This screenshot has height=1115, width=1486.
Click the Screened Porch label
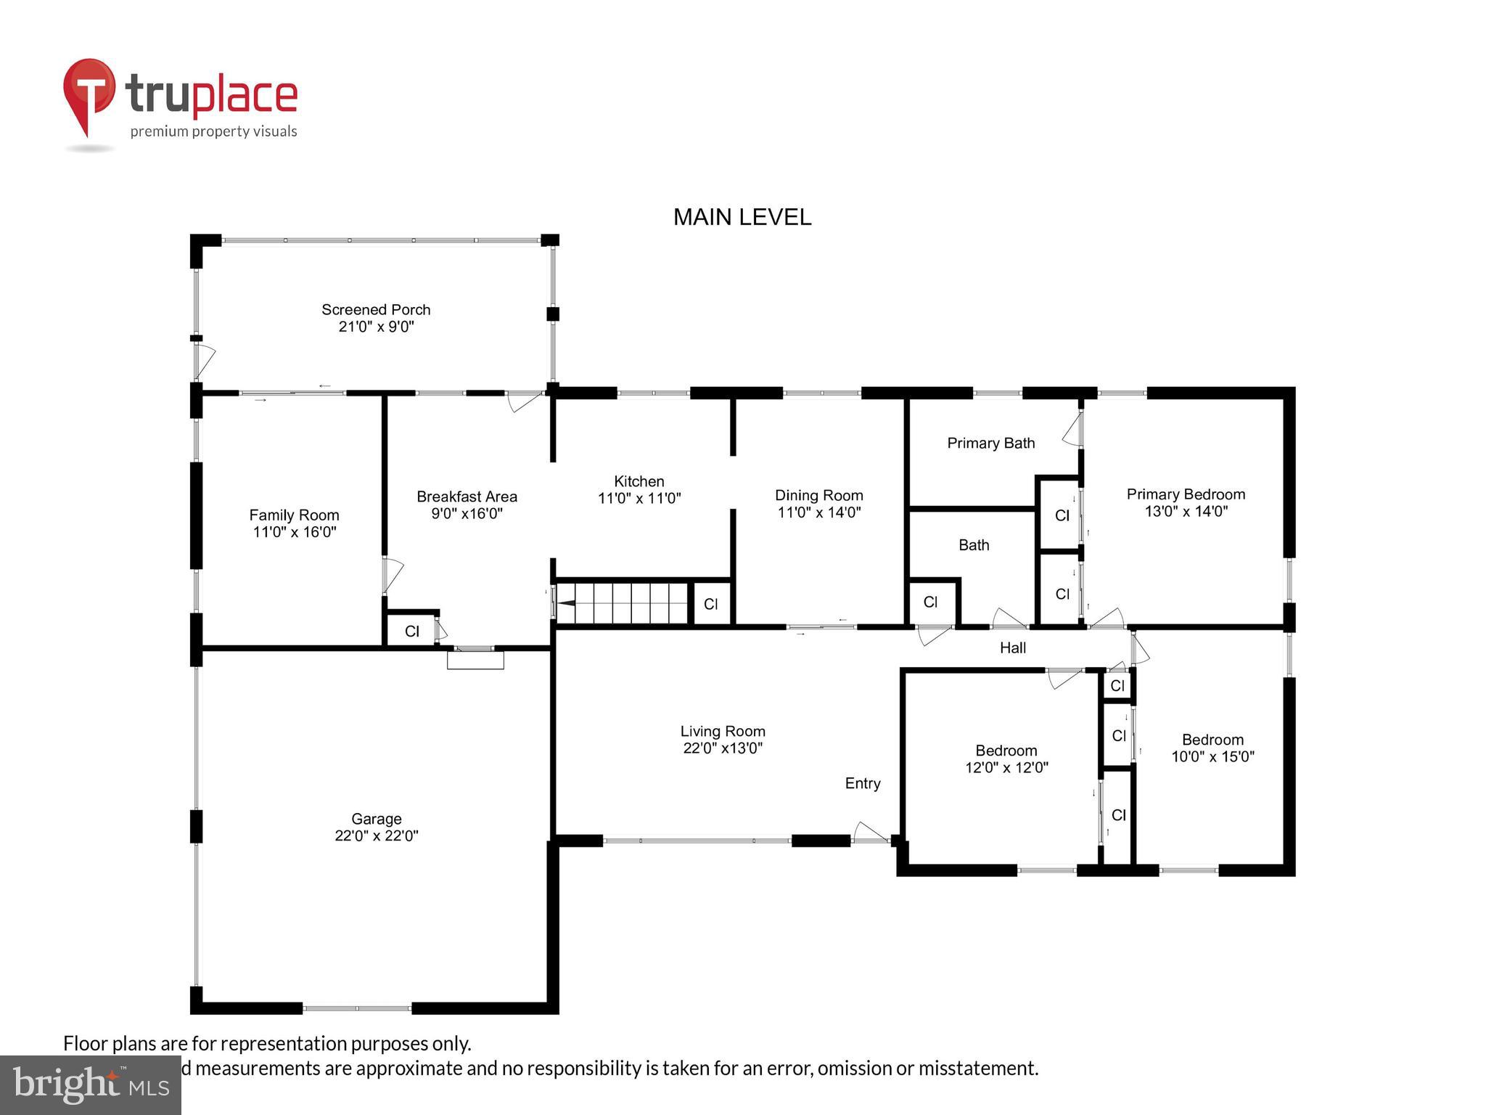[x=376, y=310]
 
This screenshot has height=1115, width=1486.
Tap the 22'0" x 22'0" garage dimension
[x=376, y=836]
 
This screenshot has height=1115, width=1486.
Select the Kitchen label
[x=639, y=481]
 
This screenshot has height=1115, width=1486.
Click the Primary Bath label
[x=990, y=443]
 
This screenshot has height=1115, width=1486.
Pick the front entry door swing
[x=870, y=833]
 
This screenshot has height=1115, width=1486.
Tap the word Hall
[x=1012, y=648]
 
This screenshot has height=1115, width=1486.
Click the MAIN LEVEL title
[x=742, y=217]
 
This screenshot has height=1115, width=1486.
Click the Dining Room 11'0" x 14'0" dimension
[x=818, y=512]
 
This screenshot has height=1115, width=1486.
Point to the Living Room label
[x=722, y=731]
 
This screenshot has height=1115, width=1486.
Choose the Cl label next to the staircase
[x=710, y=604]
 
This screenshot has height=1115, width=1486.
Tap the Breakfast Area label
[x=467, y=497]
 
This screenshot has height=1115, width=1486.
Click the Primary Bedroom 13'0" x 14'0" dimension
[x=1186, y=511]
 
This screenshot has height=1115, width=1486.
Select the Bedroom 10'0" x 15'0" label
[x=1212, y=740]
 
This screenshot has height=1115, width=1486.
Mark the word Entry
[x=862, y=783]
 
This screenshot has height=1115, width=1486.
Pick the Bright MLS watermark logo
[x=91, y=1085]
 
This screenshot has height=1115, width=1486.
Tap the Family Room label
[x=294, y=515]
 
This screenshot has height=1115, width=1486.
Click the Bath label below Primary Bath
[x=973, y=544]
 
